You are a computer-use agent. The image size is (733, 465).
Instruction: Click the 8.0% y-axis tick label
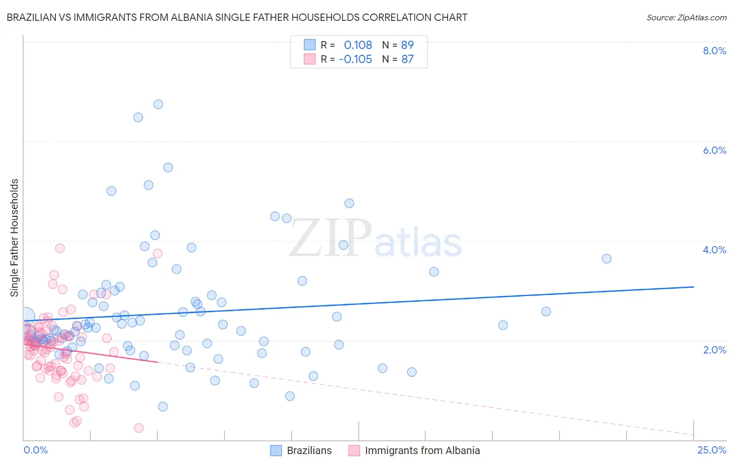(714, 51)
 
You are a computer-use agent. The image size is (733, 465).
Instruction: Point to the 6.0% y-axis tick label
(714, 150)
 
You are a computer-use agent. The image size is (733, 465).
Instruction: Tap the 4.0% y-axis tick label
(714, 250)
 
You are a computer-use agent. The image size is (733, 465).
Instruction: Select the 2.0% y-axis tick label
(714, 350)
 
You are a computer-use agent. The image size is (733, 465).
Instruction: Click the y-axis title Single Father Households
(15, 238)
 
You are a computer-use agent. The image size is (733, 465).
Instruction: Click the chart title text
(237, 17)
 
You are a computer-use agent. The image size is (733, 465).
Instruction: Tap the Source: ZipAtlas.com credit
(686, 17)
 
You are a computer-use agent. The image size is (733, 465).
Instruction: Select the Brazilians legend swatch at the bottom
(276, 450)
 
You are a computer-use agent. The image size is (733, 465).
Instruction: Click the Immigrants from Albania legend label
(422, 450)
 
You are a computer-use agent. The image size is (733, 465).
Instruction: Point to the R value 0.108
(358, 45)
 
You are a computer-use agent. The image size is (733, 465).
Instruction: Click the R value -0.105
(355, 59)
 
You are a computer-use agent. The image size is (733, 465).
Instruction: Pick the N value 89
(407, 45)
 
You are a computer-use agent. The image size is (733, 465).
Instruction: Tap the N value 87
(407, 59)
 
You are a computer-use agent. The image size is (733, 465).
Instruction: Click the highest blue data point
(158, 104)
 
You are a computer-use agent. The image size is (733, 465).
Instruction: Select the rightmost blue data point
(606, 259)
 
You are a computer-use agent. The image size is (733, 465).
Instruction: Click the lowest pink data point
(139, 428)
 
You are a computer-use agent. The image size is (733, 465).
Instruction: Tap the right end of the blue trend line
(693, 287)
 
